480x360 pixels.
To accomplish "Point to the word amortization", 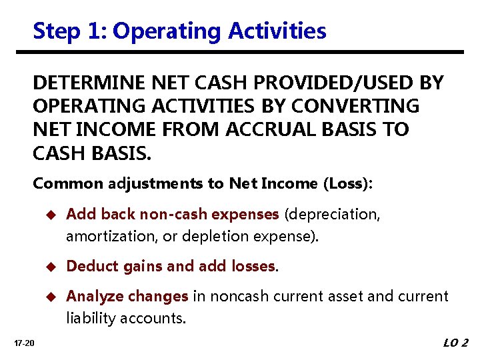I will point(105,236).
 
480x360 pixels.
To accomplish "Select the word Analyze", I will point(92,297).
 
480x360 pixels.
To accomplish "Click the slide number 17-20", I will point(25,343).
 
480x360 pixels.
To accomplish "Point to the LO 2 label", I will point(455,343).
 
